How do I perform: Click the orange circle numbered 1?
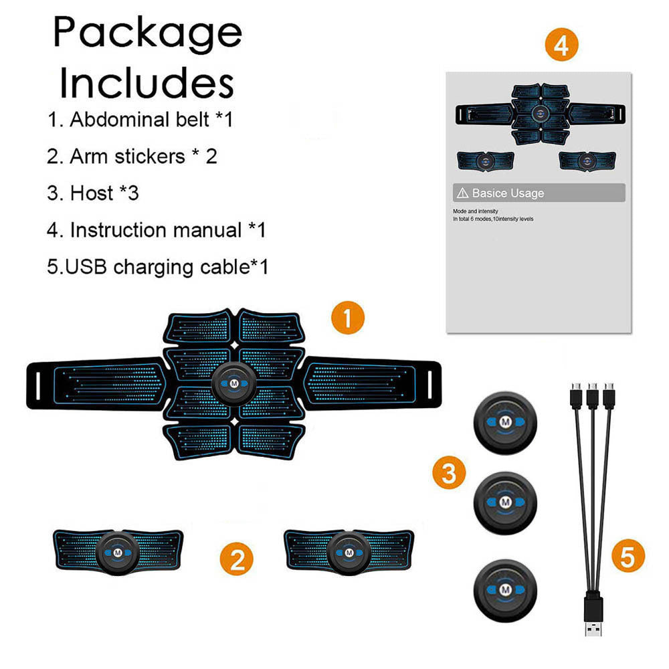[x=349, y=318]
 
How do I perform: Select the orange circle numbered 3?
[x=449, y=473]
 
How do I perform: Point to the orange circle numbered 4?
[x=561, y=45]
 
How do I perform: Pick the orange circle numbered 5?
[x=628, y=556]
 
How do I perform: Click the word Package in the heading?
[x=147, y=32]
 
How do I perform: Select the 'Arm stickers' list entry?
[x=127, y=157]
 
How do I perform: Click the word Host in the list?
[x=92, y=193]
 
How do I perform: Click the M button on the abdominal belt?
[x=234, y=384]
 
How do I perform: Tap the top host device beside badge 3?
[x=504, y=423]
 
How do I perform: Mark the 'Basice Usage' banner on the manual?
[x=539, y=193]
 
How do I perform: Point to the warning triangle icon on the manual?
[x=462, y=193]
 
